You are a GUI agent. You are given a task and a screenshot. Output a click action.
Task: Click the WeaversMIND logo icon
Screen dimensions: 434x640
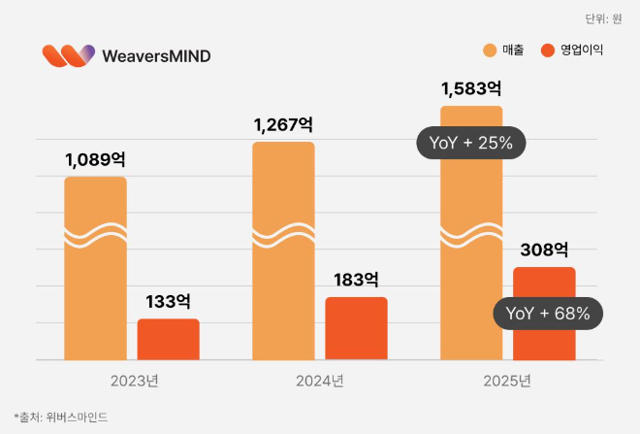[68, 55]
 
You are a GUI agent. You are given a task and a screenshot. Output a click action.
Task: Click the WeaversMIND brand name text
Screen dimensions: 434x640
[155, 56]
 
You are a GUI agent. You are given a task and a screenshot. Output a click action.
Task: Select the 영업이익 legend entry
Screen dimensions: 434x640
[572, 50]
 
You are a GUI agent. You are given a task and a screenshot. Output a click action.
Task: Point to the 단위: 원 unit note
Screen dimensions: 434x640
[603, 18]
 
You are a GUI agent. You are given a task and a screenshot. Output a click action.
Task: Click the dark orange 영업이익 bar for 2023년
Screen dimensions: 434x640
[168, 339]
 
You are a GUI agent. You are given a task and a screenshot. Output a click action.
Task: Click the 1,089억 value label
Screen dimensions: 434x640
[95, 158]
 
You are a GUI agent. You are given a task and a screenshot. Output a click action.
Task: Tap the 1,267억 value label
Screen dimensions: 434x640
[283, 124]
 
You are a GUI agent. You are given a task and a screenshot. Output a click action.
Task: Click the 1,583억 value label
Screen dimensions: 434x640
[471, 89]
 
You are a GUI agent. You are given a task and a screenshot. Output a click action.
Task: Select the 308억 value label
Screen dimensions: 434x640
[544, 249]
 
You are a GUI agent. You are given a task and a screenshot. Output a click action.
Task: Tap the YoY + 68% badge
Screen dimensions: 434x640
[548, 314]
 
